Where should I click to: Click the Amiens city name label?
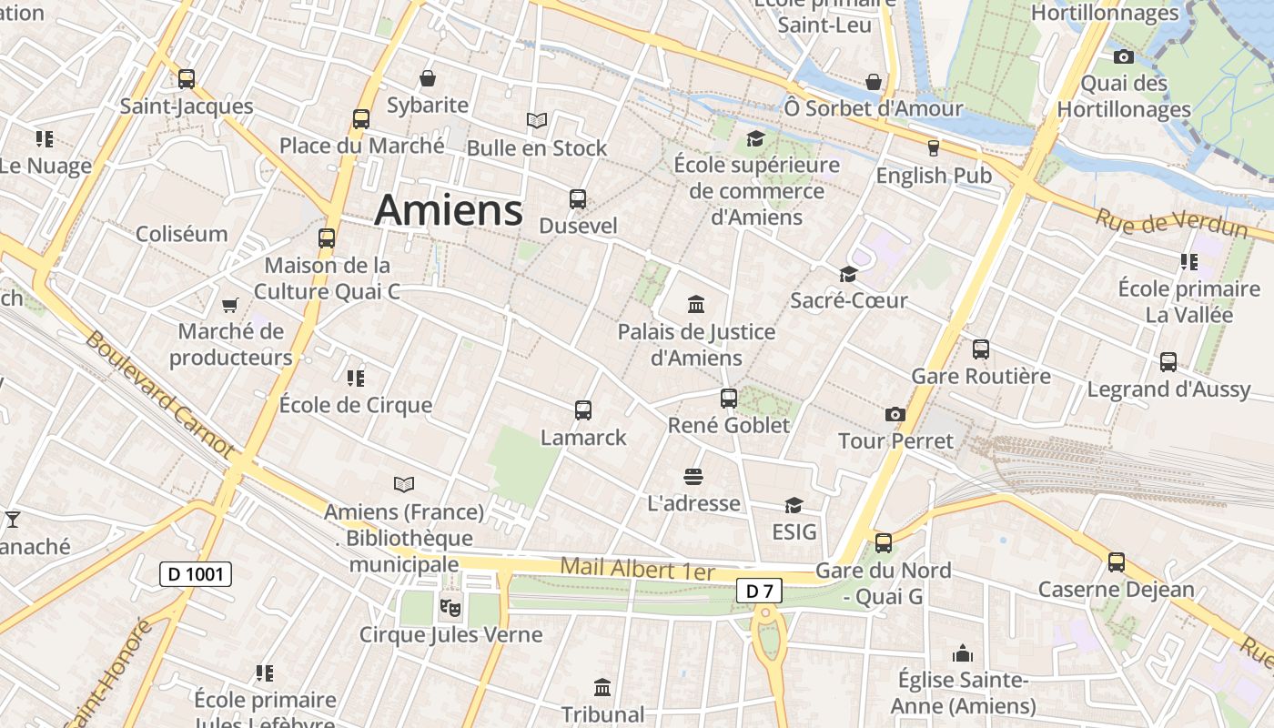pyautogui.click(x=449, y=210)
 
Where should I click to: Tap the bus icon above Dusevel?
pyautogui.click(x=577, y=199)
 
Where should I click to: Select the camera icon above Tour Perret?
pyautogui.click(x=895, y=415)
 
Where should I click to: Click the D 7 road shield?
pyautogui.click(x=758, y=591)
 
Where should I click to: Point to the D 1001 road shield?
pyautogui.click(x=196, y=574)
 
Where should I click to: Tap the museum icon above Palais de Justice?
pyautogui.click(x=696, y=304)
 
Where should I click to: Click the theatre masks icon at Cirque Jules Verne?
pyautogui.click(x=450, y=606)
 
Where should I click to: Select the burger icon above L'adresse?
pyautogui.click(x=693, y=477)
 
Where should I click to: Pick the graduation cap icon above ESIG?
pyautogui.click(x=794, y=505)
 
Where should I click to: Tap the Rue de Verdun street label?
pyautogui.click(x=1170, y=223)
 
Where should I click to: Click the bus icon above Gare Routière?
pyautogui.click(x=980, y=349)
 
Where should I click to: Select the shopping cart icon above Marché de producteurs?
pyautogui.click(x=230, y=305)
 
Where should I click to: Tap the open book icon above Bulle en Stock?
pyautogui.click(x=537, y=120)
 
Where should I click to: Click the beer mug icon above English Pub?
pyautogui.click(x=933, y=148)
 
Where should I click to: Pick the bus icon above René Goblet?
pyautogui.click(x=728, y=399)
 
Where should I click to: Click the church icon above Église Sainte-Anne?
pyautogui.click(x=963, y=653)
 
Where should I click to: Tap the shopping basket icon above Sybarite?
pyautogui.click(x=427, y=79)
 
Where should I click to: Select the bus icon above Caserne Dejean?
pyautogui.click(x=1117, y=562)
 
